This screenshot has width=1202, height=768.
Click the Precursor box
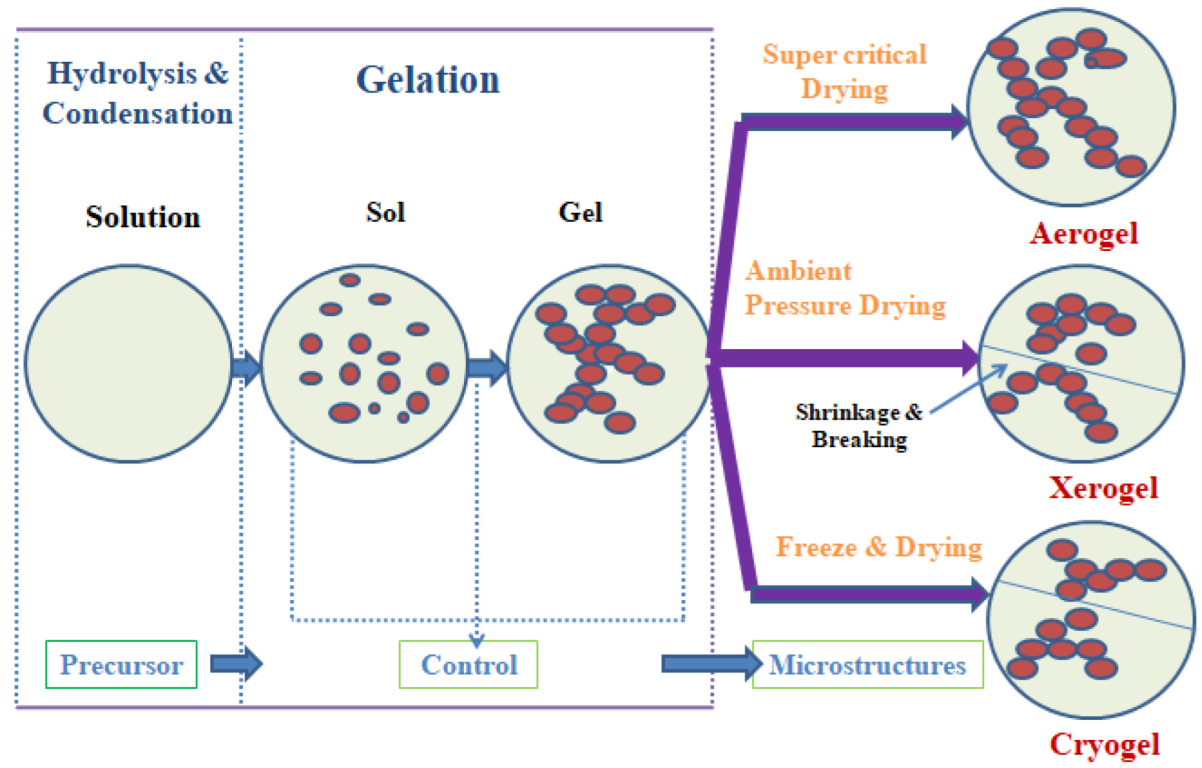click(x=121, y=665)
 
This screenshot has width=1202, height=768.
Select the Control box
click(x=469, y=665)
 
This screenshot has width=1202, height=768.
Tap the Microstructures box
click(x=867, y=665)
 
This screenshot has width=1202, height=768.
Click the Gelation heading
click(x=428, y=80)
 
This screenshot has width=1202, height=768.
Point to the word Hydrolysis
click(x=122, y=73)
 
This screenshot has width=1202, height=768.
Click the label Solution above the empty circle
click(x=143, y=217)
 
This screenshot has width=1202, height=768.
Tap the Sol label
click(x=385, y=212)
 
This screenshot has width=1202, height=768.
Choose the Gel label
click(x=580, y=212)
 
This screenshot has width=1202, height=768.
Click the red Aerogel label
click(x=1083, y=234)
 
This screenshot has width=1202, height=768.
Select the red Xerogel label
click(x=1103, y=488)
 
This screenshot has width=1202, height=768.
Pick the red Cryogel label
click(x=1105, y=744)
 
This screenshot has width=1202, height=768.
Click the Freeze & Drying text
click(x=878, y=546)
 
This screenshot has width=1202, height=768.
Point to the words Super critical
click(x=844, y=55)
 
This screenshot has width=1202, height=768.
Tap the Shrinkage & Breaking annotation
click(x=859, y=426)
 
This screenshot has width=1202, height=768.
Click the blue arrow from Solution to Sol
click(x=246, y=367)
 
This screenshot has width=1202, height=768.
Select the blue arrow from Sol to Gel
click(x=487, y=367)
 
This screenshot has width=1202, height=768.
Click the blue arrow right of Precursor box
click(x=236, y=664)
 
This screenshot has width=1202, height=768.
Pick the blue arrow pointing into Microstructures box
click(x=711, y=664)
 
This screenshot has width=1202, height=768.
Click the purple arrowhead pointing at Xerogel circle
click(x=969, y=358)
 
